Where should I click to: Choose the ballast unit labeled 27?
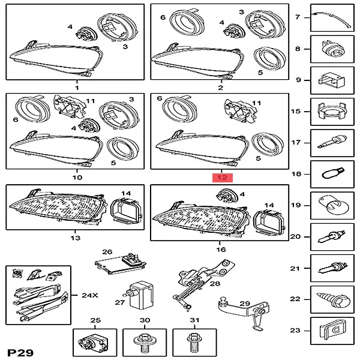tap(140, 294)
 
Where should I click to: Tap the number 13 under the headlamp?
tap(75, 238)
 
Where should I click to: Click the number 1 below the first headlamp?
tap(77, 88)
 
